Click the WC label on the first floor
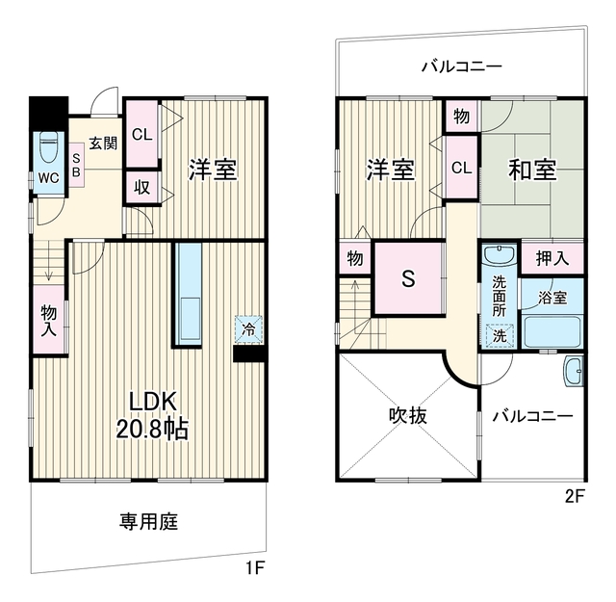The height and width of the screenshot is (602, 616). (49, 178)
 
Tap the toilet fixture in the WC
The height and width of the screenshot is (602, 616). (49, 147)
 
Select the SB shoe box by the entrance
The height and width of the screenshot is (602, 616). (77, 165)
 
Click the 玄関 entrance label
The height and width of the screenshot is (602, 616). (103, 144)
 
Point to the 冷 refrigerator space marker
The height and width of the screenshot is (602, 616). (248, 329)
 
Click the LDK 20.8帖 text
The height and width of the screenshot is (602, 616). (152, 415)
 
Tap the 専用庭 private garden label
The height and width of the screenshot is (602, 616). (149, 522)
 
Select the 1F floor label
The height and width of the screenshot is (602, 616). (255, 567)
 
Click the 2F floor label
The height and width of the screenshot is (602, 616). (575, 497)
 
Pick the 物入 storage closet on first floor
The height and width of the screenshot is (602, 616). (49, 319)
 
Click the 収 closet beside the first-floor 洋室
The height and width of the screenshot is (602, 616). (142, 188)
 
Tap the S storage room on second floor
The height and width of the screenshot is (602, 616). (408, 278)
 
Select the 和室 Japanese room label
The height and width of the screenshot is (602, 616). (532, 170)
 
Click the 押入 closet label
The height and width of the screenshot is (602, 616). (552, 258)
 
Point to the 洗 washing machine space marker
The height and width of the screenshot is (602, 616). (500, 335)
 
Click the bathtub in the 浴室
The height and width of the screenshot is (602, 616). (552, 332)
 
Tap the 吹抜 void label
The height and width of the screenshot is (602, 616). (408, 415)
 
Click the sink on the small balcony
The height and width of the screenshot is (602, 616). (574, 371)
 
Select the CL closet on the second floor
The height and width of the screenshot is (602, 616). (462, 168)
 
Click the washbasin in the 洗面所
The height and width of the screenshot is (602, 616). (499, 254)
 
